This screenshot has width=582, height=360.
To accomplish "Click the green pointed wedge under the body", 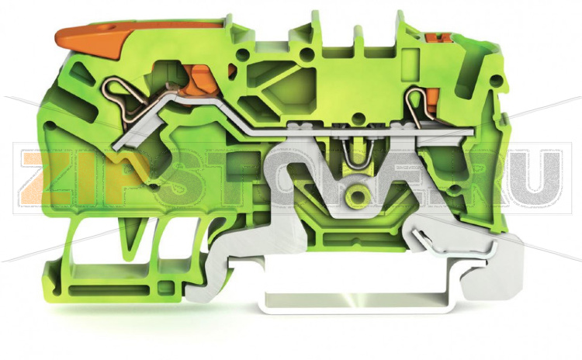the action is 133,232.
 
